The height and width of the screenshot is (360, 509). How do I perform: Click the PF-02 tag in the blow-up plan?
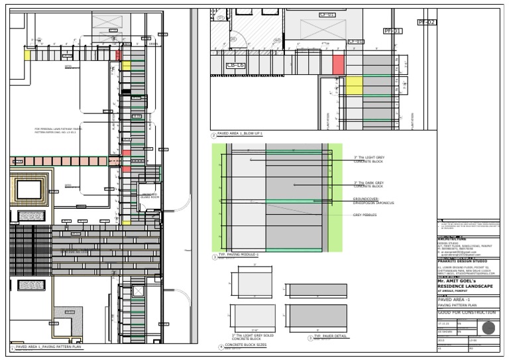427,23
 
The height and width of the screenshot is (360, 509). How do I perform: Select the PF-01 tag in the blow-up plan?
392,31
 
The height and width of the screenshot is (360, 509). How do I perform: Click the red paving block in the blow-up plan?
338,64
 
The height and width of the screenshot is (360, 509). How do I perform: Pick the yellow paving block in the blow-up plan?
355,86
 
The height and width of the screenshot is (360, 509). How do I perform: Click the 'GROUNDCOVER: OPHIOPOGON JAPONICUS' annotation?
374,201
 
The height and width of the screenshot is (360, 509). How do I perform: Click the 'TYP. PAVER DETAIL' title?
329,338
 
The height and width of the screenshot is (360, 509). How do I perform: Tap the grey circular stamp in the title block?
489,328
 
